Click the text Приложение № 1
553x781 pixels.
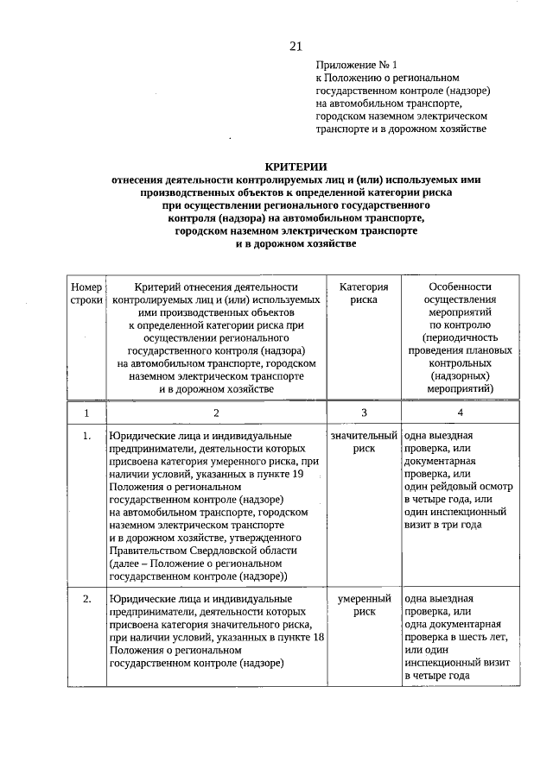[355, 65]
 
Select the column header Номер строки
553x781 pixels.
[86, 294]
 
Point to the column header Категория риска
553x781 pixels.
[364, 294]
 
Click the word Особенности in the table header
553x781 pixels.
[459, 287]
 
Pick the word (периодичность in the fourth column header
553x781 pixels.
[459, 337]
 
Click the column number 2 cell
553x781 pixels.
[216, 413]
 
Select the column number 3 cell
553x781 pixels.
[364, 413]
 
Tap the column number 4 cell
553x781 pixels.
[459, 413]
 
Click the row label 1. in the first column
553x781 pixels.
[86, 437]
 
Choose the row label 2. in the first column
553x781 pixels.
[86, 599]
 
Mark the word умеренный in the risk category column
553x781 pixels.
[364, 599]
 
